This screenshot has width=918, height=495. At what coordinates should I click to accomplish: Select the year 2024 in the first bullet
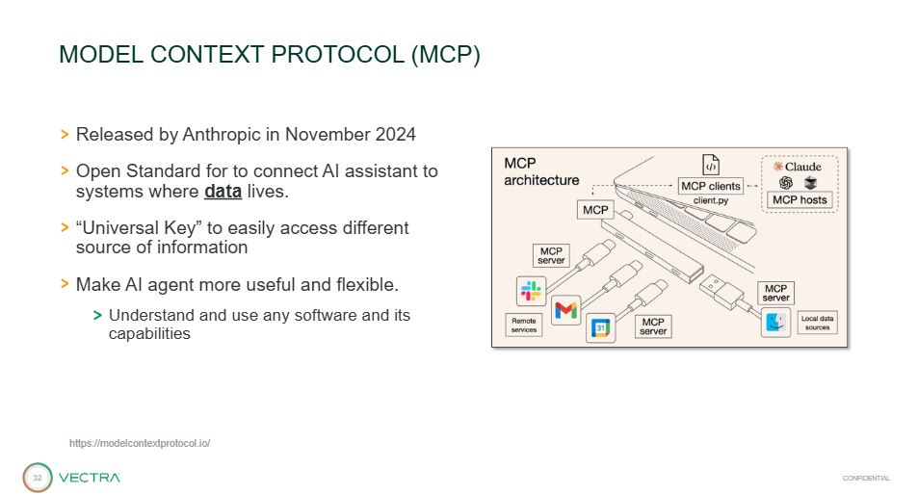point(396,135)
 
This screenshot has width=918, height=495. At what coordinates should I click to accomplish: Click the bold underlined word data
point(223,192)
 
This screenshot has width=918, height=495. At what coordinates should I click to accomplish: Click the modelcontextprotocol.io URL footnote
point(140,444)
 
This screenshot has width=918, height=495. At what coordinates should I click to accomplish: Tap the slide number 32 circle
point(38,478)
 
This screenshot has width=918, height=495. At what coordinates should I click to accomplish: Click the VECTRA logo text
point(89,478)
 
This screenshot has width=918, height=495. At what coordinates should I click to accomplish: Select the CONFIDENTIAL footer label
point(866,478)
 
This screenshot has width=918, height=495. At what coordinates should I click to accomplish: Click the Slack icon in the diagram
point(531,291)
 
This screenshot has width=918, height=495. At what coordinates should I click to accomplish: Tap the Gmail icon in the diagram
point(566,310)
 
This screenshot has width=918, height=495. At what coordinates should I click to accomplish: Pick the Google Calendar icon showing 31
point(601,327)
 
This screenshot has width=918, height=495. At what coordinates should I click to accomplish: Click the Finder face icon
point(775,322)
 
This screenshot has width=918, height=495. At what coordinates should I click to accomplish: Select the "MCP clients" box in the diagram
point(711,186)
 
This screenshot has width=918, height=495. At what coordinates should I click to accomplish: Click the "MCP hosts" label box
point(800,200)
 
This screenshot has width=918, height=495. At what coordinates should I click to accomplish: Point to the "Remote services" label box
point(524,326)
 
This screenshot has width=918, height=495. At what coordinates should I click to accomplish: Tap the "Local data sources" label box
point(817,323)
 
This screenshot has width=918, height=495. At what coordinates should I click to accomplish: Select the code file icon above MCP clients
point(711,165)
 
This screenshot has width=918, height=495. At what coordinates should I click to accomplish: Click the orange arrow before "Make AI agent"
point(65,284)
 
